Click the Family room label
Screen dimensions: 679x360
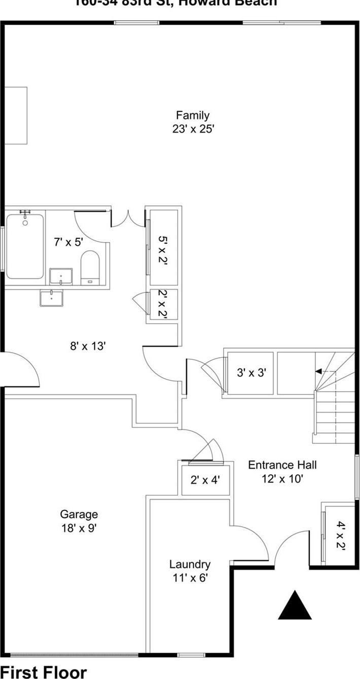[x=193, y=116]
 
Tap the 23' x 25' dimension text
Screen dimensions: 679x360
[x=193, y=129]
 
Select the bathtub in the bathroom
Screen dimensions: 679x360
[x=25, y=246]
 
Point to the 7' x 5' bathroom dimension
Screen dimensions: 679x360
[x=68, y=242]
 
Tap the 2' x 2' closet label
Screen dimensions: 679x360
[x=162, y=304]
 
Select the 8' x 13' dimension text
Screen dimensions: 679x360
[x=88, y=347]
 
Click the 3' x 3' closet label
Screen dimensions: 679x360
[x=251, y=373]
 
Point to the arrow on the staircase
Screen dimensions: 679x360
[x=318, y=371]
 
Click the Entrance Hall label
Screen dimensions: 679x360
[x=282, y=465]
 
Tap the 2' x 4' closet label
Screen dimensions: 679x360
[x=205, y=479]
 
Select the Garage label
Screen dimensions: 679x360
[x=79, y=515]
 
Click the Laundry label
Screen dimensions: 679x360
[x=190, y=564]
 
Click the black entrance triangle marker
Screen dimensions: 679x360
[x=295, y=607]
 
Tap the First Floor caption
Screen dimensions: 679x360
[x=44, y=672]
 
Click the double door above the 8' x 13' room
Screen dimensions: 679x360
[x=128, y=218]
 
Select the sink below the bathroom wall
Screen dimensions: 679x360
[x=51, y=298]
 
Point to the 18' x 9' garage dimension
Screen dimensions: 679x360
[x=79, y=528]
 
